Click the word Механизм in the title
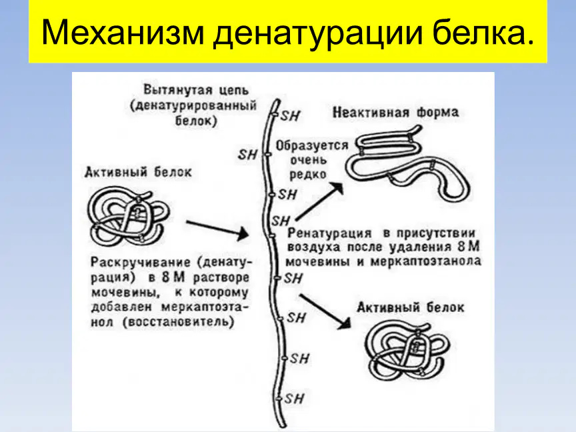(x=123, y=32)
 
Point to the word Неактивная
(x=371, y=113)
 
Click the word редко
(x=307, y=175)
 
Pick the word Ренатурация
(x=329, y=233)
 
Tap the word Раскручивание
(x=141, y=262)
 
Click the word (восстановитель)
(x=179, y=322)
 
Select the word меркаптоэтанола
(x=426, y=261)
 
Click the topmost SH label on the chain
(x=291, y=116)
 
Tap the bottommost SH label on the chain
(x=294, y=399)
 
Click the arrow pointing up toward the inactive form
(x=319, y=201)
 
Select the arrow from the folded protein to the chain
(x=217, y=229)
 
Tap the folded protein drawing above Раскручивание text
(x=128, y=217)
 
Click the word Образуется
(x=312, y=145)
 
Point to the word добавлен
(x=121, y=307)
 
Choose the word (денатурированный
(x=193, y=105)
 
